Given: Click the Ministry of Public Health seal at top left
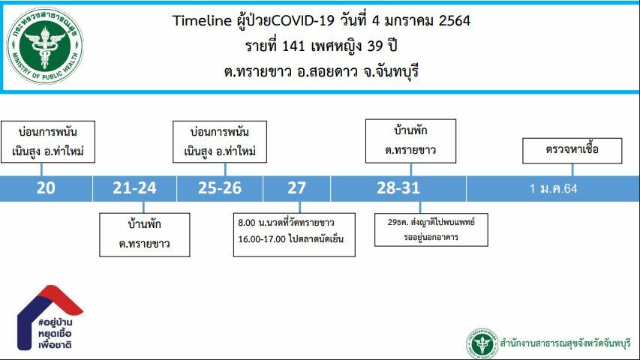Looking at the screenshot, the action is tap(45, 46).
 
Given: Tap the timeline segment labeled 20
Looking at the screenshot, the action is tap(46, 188).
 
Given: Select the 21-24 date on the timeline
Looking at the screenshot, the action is tap(134, 188).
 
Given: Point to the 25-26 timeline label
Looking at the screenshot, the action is tap(220, 188).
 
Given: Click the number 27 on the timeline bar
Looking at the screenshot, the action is tap(296, 188).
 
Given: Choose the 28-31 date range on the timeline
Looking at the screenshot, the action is tap(398, 188).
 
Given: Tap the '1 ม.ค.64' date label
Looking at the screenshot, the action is tap(554, 188).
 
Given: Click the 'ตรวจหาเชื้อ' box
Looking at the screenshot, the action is tap(572, 151).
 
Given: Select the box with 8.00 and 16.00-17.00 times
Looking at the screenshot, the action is tap(294, 235).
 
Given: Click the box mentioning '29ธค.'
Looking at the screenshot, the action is tap(431, 229).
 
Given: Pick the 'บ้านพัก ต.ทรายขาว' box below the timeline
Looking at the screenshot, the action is tap(145, 235).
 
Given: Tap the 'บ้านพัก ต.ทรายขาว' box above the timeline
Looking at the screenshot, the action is tap(410, 141).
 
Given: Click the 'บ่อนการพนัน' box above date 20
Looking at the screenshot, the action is tap(48, 142).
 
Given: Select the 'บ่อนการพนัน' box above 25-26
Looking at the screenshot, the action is tap(220, 142).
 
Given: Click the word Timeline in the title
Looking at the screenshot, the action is tap(202, 20).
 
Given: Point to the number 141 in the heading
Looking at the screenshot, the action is tap(293, 46).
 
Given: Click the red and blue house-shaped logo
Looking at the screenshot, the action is tap(50, 317).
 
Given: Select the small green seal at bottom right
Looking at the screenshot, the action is tap(482, 343).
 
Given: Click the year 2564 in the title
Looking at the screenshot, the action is tap(454, 20).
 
